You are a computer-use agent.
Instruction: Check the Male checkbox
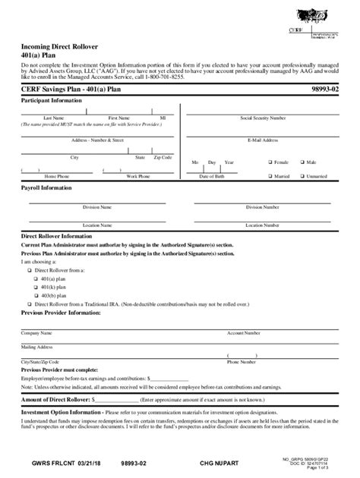coord(303,162)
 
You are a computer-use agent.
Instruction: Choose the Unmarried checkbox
coord(303,176)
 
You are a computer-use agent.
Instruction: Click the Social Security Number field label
coord(263,118)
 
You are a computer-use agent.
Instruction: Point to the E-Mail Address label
coord(262,140)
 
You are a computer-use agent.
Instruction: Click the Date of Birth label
coord(212,176)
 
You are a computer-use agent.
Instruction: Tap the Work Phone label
coord(137,176)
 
